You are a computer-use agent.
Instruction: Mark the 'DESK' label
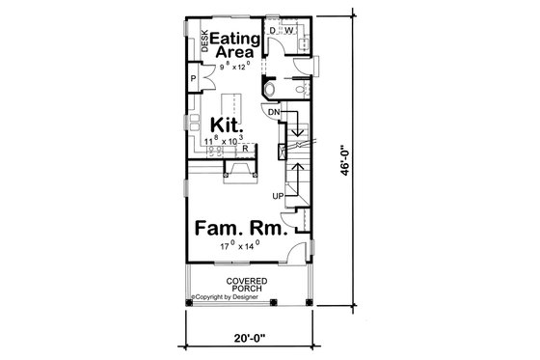[204, 42]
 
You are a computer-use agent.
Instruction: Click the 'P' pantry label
[194, 79]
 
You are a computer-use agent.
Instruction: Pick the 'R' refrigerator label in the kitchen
[246, 148]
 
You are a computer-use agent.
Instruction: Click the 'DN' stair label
[275, 111]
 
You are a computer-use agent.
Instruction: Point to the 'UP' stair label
[278, 197]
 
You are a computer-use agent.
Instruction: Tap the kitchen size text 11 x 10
[225, 142]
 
